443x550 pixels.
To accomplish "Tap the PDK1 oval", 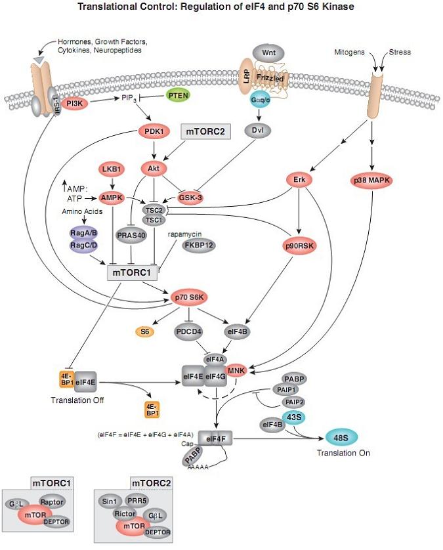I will coord(151,132).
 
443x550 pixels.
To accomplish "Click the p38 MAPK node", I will coord(373,179).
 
